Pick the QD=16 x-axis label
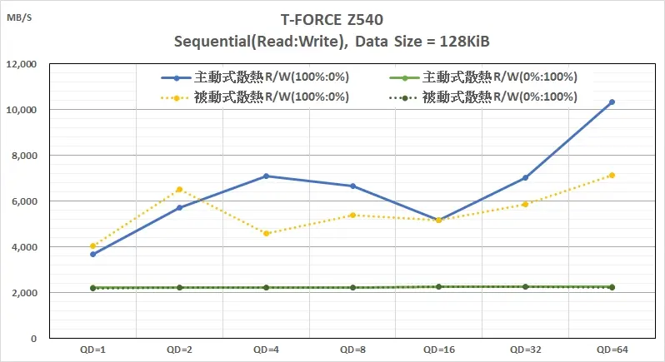tap(438, 350)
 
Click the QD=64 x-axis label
tap(612, 350)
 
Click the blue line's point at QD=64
tap(612, 102)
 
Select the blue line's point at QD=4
tap(266, 176)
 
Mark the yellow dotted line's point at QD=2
tap(179, 190)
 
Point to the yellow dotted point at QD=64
tap(612, 175)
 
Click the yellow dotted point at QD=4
tap(266, 233)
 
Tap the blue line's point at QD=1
tap(92, 254)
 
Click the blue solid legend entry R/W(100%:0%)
tap(255, 77)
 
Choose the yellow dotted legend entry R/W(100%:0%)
tap(255, 97)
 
